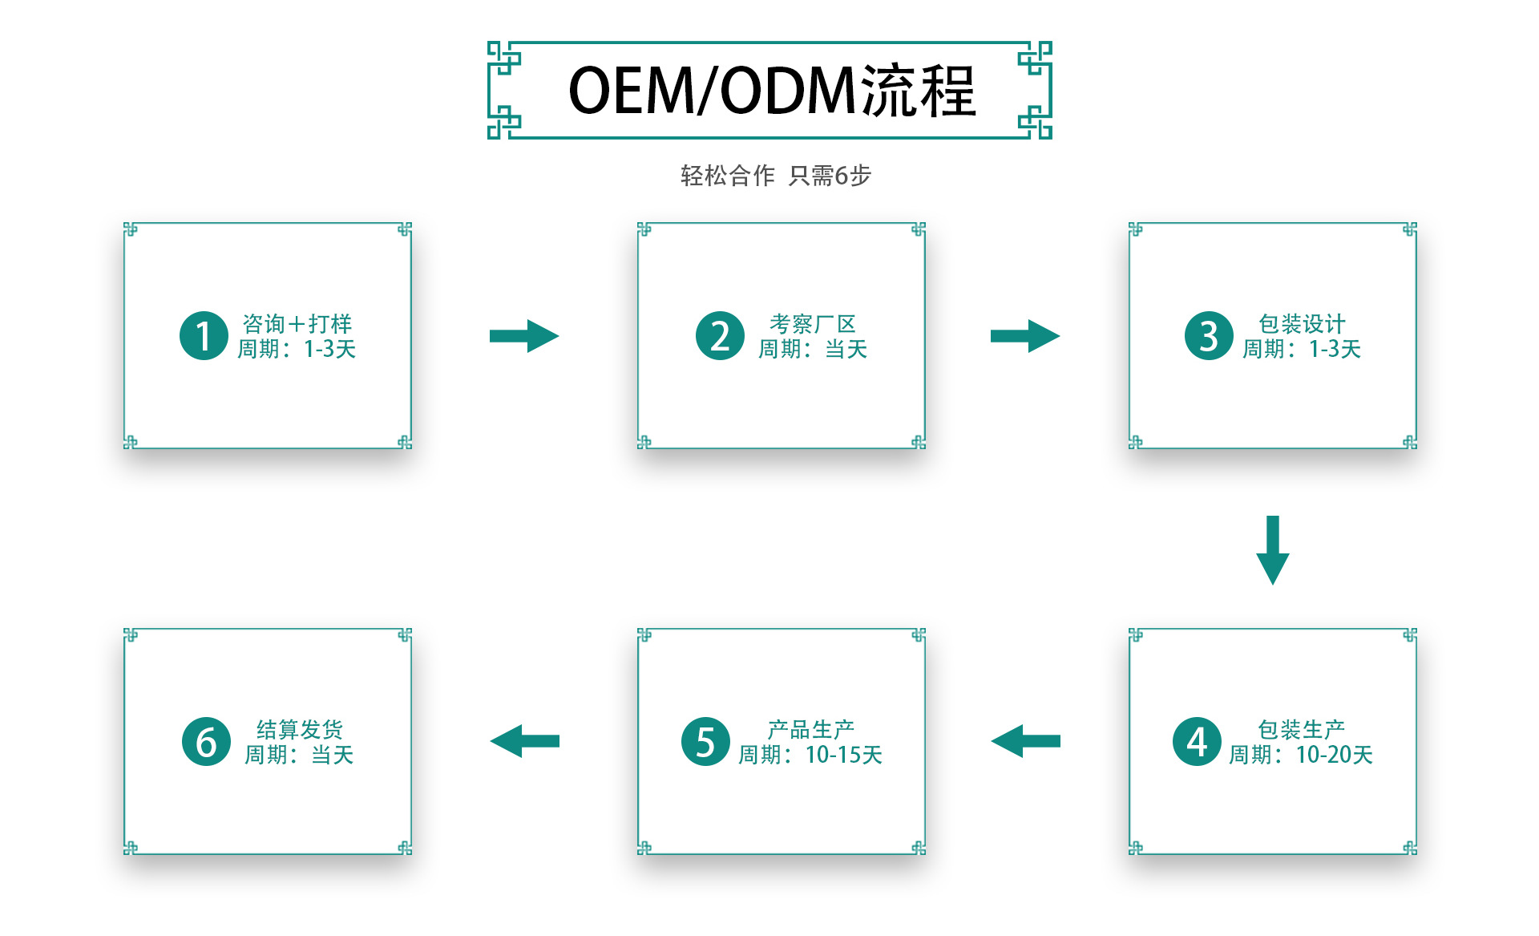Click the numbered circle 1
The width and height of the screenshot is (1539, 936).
(204, 335)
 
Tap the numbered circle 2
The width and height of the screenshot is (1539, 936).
(720, 335)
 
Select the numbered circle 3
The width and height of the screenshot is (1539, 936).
(1209, 335)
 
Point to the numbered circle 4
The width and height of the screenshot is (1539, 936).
(1197, 741)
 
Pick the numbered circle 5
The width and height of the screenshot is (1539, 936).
(705, 741)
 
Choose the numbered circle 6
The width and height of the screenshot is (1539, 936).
(206, 741)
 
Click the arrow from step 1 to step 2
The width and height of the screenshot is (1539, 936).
(524, 336)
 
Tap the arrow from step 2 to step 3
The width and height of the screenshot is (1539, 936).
(1024, 336)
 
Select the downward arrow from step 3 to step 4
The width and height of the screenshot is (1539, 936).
(1272, 549)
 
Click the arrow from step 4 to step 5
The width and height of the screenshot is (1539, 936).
(1025, 741)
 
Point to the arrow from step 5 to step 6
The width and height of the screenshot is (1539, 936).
(525, 741)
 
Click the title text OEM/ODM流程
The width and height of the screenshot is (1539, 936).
(771, 91)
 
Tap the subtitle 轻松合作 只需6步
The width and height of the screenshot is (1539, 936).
(775, 175)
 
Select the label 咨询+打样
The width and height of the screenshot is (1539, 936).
(297, 323)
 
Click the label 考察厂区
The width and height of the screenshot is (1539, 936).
(813, 323)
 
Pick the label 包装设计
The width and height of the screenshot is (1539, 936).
(1302, 323)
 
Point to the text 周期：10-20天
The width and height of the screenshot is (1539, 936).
(1301, 755)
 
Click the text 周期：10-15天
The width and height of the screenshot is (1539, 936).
(810, 755)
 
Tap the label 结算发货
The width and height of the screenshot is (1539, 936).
(300, 729)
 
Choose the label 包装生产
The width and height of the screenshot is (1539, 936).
(1301, 729)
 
